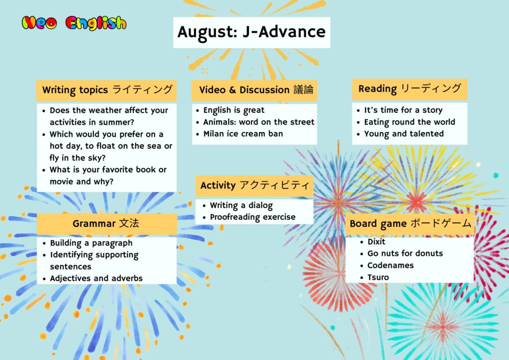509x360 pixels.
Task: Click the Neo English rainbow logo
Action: point(74,23)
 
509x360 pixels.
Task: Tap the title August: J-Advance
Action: point(252,32)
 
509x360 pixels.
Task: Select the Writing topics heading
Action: point(107,90)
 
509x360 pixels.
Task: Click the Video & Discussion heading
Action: point(256,90)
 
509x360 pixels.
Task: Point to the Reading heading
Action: point(410,89)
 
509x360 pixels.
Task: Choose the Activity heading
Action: point(255,185)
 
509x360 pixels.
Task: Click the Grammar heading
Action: point(106,223)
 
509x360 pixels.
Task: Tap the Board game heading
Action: point(410,224)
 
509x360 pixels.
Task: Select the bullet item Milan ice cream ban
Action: point(243,134)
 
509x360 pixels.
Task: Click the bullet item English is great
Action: point(234,110)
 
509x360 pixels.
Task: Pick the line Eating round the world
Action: point(410,122)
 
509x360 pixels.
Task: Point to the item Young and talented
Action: point(404,134)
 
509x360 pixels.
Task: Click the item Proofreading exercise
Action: point(253,217)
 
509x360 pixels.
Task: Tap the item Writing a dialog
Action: point(241,205)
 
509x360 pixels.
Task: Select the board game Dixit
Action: point(376,242)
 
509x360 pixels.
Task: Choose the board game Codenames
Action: point(391,266)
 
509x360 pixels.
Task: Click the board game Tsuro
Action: point(378,277)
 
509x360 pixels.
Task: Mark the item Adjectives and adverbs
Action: point(96,278)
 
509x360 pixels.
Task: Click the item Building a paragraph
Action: point(91,243)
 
